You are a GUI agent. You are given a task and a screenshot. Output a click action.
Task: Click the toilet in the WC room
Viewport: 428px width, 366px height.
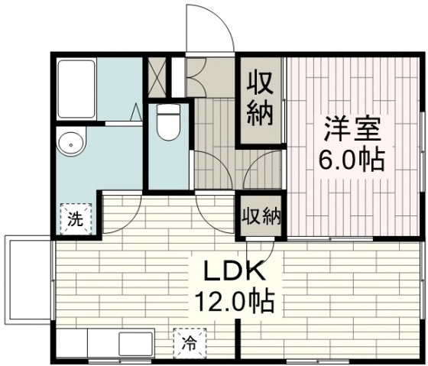pyautogui.click(x=168, y=122)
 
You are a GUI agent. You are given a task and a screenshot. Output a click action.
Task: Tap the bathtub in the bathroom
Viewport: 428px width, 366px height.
pyautogui.click(x=76, y=89)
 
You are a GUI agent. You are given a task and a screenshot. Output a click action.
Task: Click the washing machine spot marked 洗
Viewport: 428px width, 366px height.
pyautogui.click(x=76, y=219)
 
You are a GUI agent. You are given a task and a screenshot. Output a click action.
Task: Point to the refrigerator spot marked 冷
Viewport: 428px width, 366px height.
pyautogui.click(x=190, y=343)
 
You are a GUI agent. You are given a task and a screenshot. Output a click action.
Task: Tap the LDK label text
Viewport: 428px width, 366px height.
pyautogui.click(x=235, y=271)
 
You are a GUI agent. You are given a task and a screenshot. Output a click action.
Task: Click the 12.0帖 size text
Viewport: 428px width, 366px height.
pyautogui.click(x=235, y=302)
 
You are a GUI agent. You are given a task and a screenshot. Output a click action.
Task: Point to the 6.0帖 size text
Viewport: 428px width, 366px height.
pyautogui.click(x=352, y=159)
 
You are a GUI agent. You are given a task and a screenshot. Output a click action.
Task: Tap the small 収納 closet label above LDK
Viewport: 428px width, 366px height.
pyautogui.click(x=261, y=216)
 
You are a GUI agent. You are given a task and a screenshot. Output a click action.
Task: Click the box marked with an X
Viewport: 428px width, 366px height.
pyautogui.click(x=157, y=77)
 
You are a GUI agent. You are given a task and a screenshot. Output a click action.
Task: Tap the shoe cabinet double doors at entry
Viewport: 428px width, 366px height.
pyautogui.click(x=196, y=77)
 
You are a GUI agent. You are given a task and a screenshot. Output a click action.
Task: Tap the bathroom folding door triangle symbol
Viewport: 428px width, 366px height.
pyautogui.click(x=136, y=112)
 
